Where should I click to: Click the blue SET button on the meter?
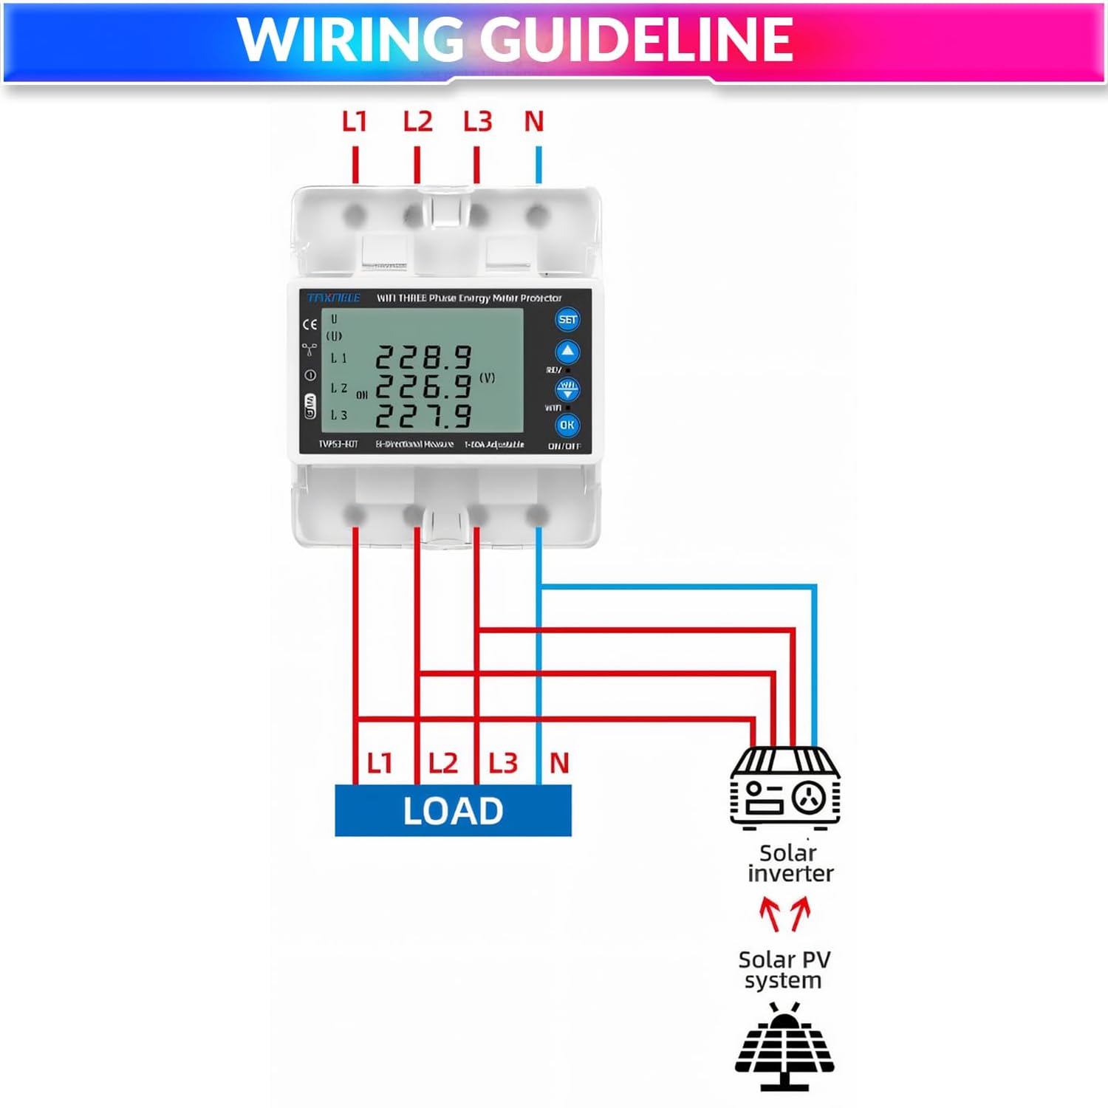(x=567, y=320)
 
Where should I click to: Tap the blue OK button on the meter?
(x=567, y=425)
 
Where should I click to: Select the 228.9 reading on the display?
(x=423, y=358)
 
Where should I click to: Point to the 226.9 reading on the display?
(x=423, y=387)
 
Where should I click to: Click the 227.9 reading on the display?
(x=423, y=416)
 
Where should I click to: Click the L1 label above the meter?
(x=355, y=122)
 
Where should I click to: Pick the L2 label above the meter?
(x=417, y=122)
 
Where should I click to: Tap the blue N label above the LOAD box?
(x=559, y=763)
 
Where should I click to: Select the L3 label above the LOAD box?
(x=503, y=763)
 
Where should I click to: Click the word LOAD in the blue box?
(x=453, y=811)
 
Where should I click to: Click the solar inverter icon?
(x=784, y=787)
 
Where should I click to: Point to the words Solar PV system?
(x=784, y=970)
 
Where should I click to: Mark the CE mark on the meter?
(x=310, y=324)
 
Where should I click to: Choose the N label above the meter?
(x=534, y=122)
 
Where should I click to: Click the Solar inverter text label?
(x=789, y=863)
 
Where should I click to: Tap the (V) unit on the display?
(x=487, y=377)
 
